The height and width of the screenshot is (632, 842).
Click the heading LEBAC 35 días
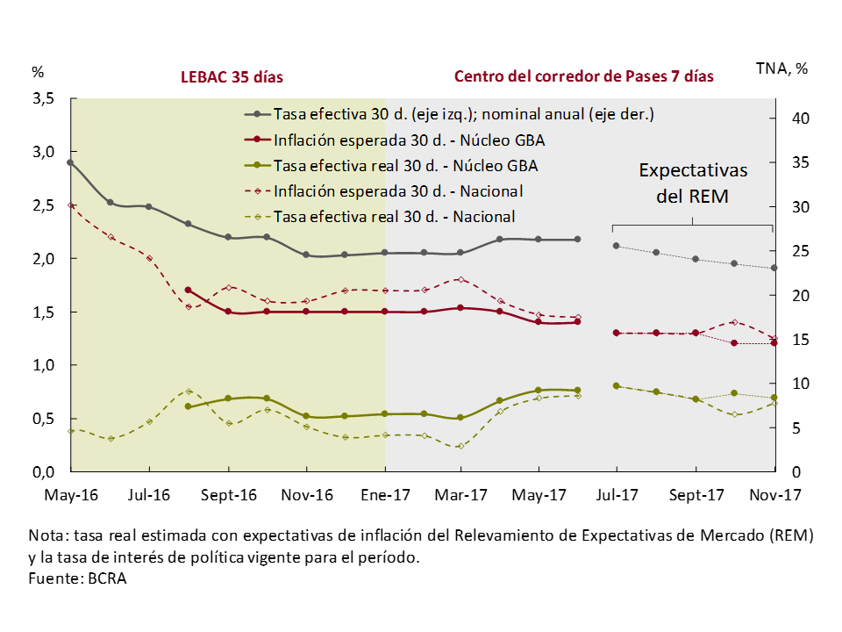click(232, 76)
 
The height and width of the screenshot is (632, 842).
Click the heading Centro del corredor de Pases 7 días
click(583, 76)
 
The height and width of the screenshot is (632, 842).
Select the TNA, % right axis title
click(781, 69)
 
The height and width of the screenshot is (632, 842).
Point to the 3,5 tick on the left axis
click(44, 99)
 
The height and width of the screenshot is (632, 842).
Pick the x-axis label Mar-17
click(461, 495)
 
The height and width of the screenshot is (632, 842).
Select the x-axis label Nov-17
click(775, 495)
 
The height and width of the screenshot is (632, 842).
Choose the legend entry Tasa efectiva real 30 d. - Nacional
click(394, 216)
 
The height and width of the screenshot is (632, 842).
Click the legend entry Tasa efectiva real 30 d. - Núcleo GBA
click(405, 165)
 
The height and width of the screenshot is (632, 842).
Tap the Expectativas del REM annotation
click(692, 182)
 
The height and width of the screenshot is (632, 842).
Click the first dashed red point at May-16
click(71, 205)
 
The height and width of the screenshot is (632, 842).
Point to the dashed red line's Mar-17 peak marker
click(461, 279)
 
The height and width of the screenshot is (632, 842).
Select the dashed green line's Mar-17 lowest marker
click(461, 446)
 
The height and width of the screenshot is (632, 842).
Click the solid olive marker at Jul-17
click(617, 385)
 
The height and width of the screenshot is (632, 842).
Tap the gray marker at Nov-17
click(774, 268)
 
